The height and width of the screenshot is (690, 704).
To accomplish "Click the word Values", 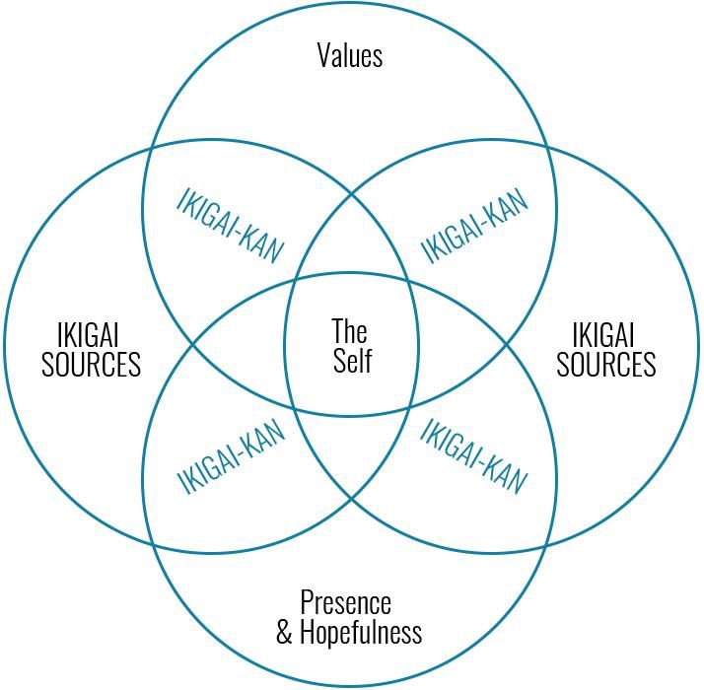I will [350, 55].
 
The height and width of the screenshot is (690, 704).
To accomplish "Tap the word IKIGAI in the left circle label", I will [91, 335].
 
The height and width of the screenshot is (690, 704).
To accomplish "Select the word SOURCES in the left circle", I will [91, 365].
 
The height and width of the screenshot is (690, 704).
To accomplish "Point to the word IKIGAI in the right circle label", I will [605, 335].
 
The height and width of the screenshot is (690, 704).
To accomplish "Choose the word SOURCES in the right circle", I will [605, 365].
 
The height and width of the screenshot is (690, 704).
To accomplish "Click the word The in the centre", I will [350, 330].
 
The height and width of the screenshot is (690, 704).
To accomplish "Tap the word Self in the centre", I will [352, 361].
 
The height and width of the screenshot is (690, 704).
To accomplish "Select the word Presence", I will [345, 602].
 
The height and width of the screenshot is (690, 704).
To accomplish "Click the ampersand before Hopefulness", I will [284, 632].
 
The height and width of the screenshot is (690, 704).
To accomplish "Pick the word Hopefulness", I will [360, 632].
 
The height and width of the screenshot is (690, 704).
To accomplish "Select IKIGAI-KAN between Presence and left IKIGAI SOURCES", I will [231, 458].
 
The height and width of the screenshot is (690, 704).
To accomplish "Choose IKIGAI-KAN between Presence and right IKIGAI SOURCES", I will [474, 458].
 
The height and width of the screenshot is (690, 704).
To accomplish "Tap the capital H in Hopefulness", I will [307, 632].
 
